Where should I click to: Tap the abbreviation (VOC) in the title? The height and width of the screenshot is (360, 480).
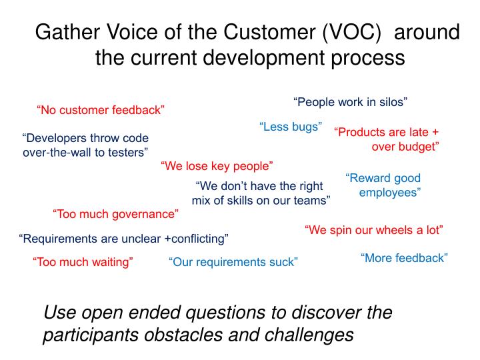pos(347,33)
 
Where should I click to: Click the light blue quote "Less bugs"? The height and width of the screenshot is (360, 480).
pos(291,127)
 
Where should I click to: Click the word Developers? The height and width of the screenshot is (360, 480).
pos(55,139)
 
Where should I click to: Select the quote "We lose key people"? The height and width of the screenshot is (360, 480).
pos(217,166)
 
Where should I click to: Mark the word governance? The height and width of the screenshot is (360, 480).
pos(147,215)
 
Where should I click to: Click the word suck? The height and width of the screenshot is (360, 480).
pos(283,262)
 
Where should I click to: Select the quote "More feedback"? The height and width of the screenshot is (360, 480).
pos(404,258)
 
